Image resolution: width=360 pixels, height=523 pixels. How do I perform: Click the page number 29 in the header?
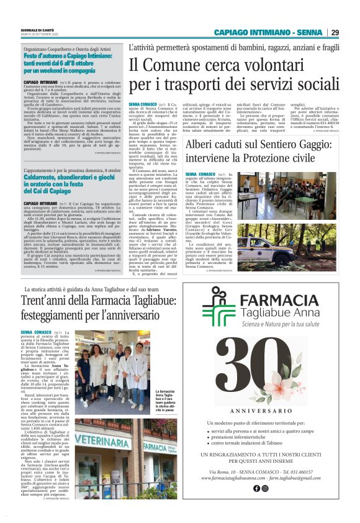(x=335, y=32)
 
